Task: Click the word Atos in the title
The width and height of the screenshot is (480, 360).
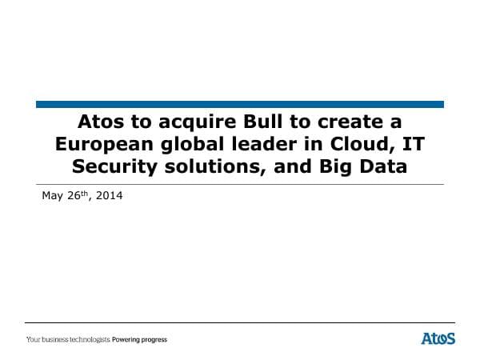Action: coord(100,122)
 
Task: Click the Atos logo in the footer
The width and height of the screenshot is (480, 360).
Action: coord(438,339)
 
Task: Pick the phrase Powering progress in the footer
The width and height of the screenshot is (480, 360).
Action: coord(139,340)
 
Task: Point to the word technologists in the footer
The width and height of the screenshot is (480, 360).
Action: coord(88,340)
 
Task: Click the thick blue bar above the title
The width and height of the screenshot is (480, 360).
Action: coord(240,104)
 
